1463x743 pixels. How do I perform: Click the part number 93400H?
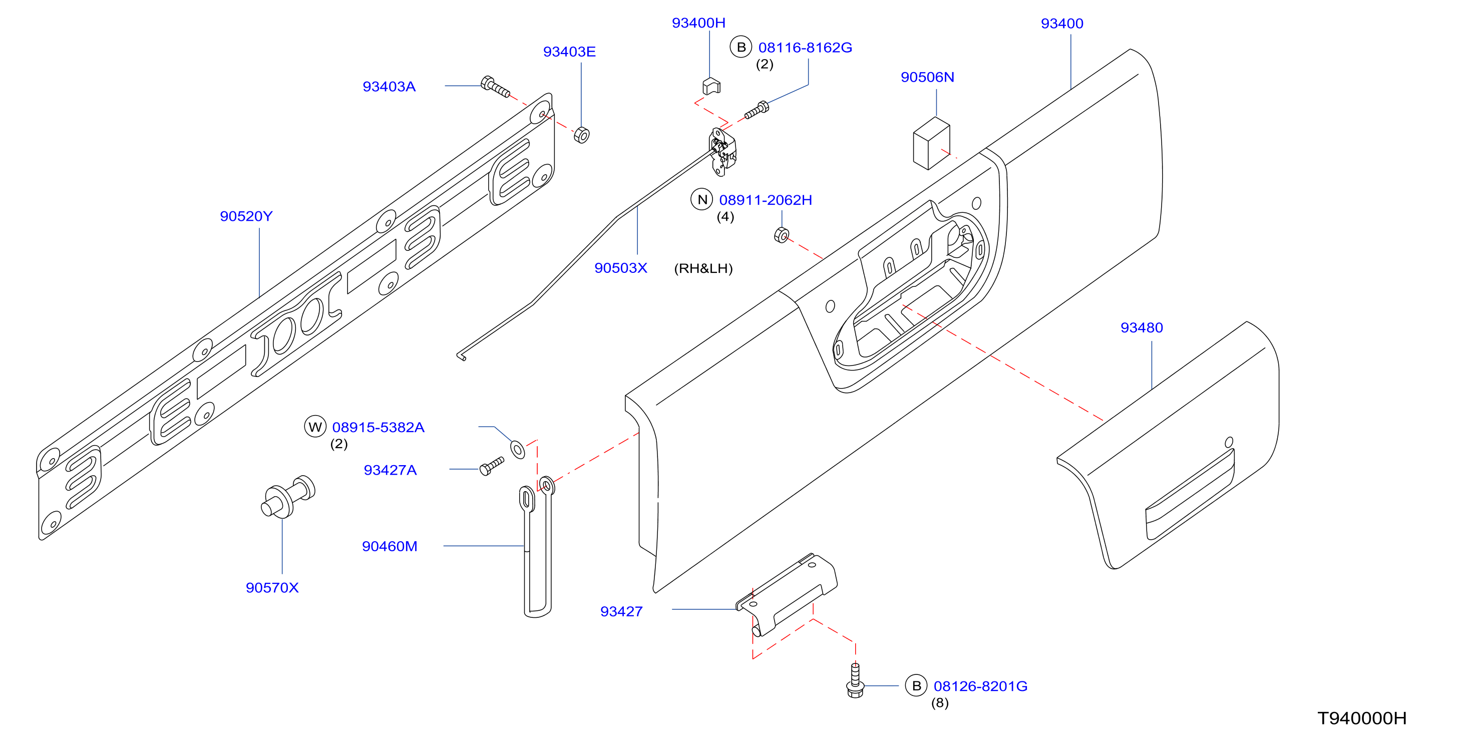tap(698, 23)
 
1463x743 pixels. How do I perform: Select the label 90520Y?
tap(246, 216)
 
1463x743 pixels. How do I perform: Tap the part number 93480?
tap(1142, 328)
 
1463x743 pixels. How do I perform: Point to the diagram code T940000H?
tap(1362, 718)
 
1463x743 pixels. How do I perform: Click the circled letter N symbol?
tap(702, 199)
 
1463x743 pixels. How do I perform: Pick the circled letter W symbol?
tap(315, 427)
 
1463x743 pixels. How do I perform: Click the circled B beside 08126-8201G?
tap(916, 685)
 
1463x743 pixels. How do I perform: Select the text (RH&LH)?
tap(703, 268)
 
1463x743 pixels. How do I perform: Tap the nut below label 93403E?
tap(582, 135)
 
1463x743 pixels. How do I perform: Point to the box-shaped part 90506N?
tap(931, 143)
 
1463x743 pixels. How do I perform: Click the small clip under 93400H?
tap(711, 86)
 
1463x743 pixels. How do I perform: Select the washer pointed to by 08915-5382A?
tap(518, 449)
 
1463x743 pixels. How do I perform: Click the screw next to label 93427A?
tap(492, 466)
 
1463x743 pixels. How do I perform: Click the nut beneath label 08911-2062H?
tap(782, 235)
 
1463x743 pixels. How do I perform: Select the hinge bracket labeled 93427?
tap(787, 594)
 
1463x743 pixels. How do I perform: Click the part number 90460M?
tap(390, 546)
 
